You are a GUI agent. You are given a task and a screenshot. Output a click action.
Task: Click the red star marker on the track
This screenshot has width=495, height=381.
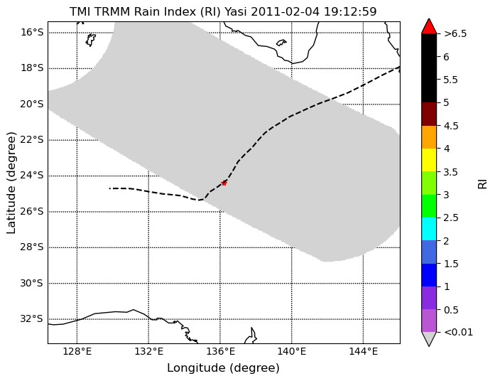pyautogui.click(x=224, y=183)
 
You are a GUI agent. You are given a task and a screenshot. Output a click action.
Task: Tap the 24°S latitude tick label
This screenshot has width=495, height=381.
pyautogui.click(x=31, y=176)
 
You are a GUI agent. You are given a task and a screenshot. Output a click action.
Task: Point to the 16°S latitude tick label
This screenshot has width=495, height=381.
pyautogui.click(x=31, y=32)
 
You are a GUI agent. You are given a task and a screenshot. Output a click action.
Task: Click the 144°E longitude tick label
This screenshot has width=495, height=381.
pyautogui.click(x=364, y=351)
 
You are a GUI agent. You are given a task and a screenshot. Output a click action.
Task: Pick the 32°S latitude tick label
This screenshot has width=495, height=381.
pyautogui.click(x=31, y=318)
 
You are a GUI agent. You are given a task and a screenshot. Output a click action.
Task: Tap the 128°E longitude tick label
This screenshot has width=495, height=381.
pyautogui.click(x=77, y=351)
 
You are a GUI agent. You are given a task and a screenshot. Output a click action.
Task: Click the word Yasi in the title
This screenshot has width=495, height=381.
pyautogui.click(x=236, y=12)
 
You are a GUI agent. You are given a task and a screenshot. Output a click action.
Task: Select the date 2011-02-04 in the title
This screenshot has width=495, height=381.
pyautogui.click(x=285, y=12)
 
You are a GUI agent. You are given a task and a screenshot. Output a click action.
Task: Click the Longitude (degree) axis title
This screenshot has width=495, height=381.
pyautogui.click(x=223, y=368)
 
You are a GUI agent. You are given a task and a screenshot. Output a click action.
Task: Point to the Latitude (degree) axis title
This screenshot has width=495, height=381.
pyautogui.click(x=11, y=183)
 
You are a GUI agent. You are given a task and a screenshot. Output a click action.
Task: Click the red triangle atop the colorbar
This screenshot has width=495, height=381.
pyautogui.click(x=429, y=26)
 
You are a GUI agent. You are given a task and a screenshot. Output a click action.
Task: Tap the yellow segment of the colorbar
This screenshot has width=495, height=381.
pyautogui.click(x=429, y=160)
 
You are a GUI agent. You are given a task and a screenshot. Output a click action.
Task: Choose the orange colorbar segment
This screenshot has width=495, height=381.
pyautogui.click(x=429, y=137)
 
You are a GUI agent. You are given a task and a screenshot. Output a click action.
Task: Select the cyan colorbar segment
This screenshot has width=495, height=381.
pyautogui.click(x=429, y=229)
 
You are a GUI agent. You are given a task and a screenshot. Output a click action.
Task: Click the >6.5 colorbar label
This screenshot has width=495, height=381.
pyautogui.click(x=455, y=34)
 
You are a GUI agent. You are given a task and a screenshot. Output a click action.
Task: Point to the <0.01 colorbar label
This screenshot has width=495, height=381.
pyautogui.click(x=458, y=333)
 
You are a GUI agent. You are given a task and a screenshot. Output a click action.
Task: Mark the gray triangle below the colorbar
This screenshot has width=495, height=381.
pyautogui.click(x=429, y=338)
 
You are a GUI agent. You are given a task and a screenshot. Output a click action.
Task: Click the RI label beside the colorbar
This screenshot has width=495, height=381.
pyautogui.click(x=483, y=184)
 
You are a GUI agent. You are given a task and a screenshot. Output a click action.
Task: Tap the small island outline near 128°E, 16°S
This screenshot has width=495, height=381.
pyautogui.click(x=91, y=40)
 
